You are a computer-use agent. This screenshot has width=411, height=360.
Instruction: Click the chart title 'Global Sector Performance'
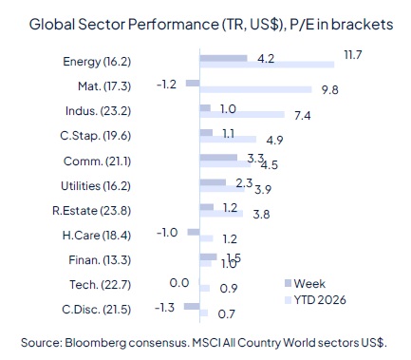point(114,25)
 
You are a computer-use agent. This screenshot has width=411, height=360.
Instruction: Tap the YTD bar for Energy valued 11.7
point(266,65)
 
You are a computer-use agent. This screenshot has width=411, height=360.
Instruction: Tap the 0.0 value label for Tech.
point(177,282)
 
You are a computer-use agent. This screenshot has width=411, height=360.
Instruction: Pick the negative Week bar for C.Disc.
point(192,306)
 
